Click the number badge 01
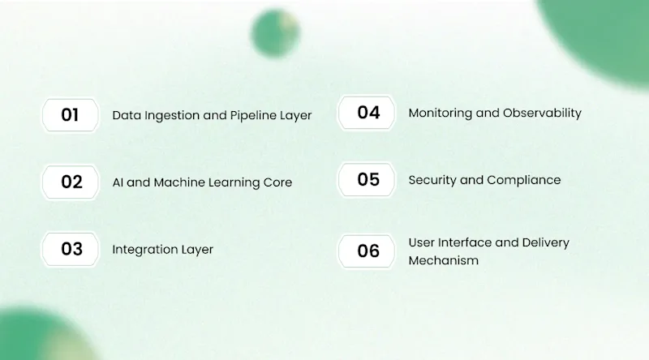(71, 115)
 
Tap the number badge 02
(71, 182)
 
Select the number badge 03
(71, 249)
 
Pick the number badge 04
(367, 113)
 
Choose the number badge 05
(367, 179)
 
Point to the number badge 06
(367, 251)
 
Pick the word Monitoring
(441, 114)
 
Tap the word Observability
(542, 113)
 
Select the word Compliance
(523, 181)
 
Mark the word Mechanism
(443, 261)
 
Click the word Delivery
(545, 243)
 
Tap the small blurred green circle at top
(275, 32)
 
